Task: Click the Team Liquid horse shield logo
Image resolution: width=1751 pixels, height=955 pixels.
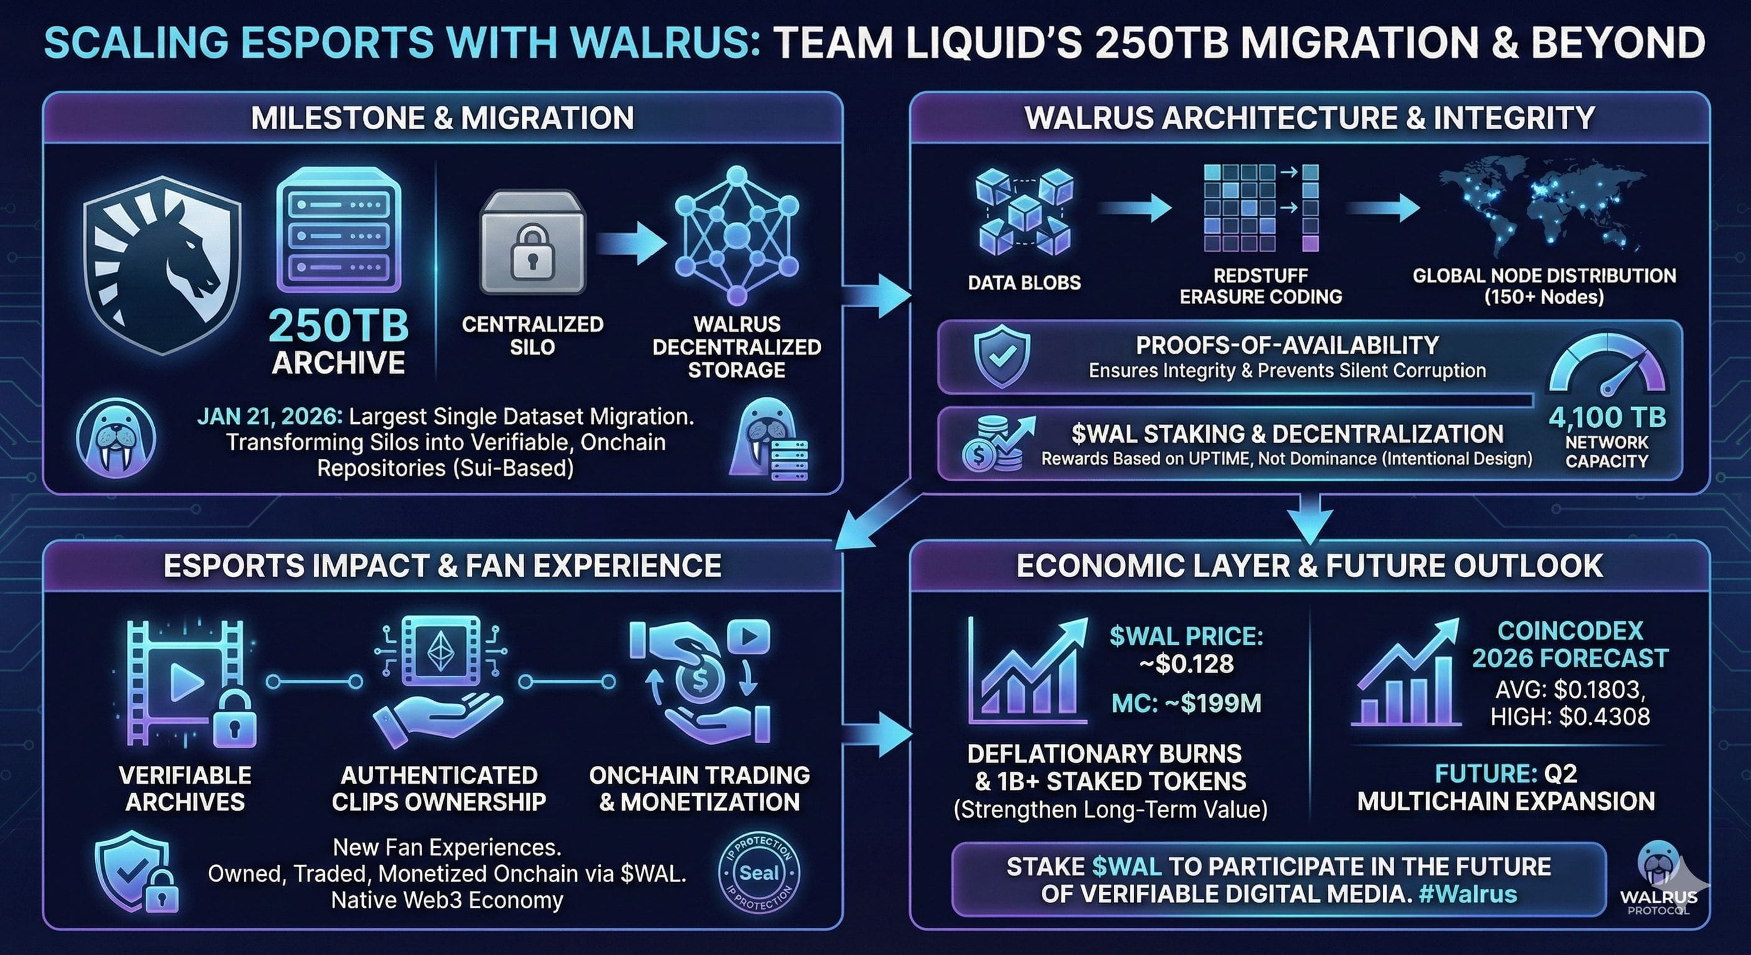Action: tap(162, 265)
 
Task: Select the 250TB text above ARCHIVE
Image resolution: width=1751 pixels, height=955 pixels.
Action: tap(338, 326)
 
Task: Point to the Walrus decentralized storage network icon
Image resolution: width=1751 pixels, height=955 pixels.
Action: tap(737, 234)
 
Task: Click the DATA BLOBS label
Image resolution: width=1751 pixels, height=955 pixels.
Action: tap(1023, 283)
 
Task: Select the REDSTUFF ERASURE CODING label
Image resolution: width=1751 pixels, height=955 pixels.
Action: tap(1260, 286)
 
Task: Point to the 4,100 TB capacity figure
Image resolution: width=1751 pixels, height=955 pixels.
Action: tap(1607, 417)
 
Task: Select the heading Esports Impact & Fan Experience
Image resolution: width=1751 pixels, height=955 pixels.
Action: tap(442, 566)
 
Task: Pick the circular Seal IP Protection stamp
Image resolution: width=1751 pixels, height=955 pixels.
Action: tap(759, 873)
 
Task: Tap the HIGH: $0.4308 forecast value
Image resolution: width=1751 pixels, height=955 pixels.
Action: tap(1569, 716)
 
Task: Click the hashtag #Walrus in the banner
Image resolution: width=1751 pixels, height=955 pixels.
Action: tap(1468, 894)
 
